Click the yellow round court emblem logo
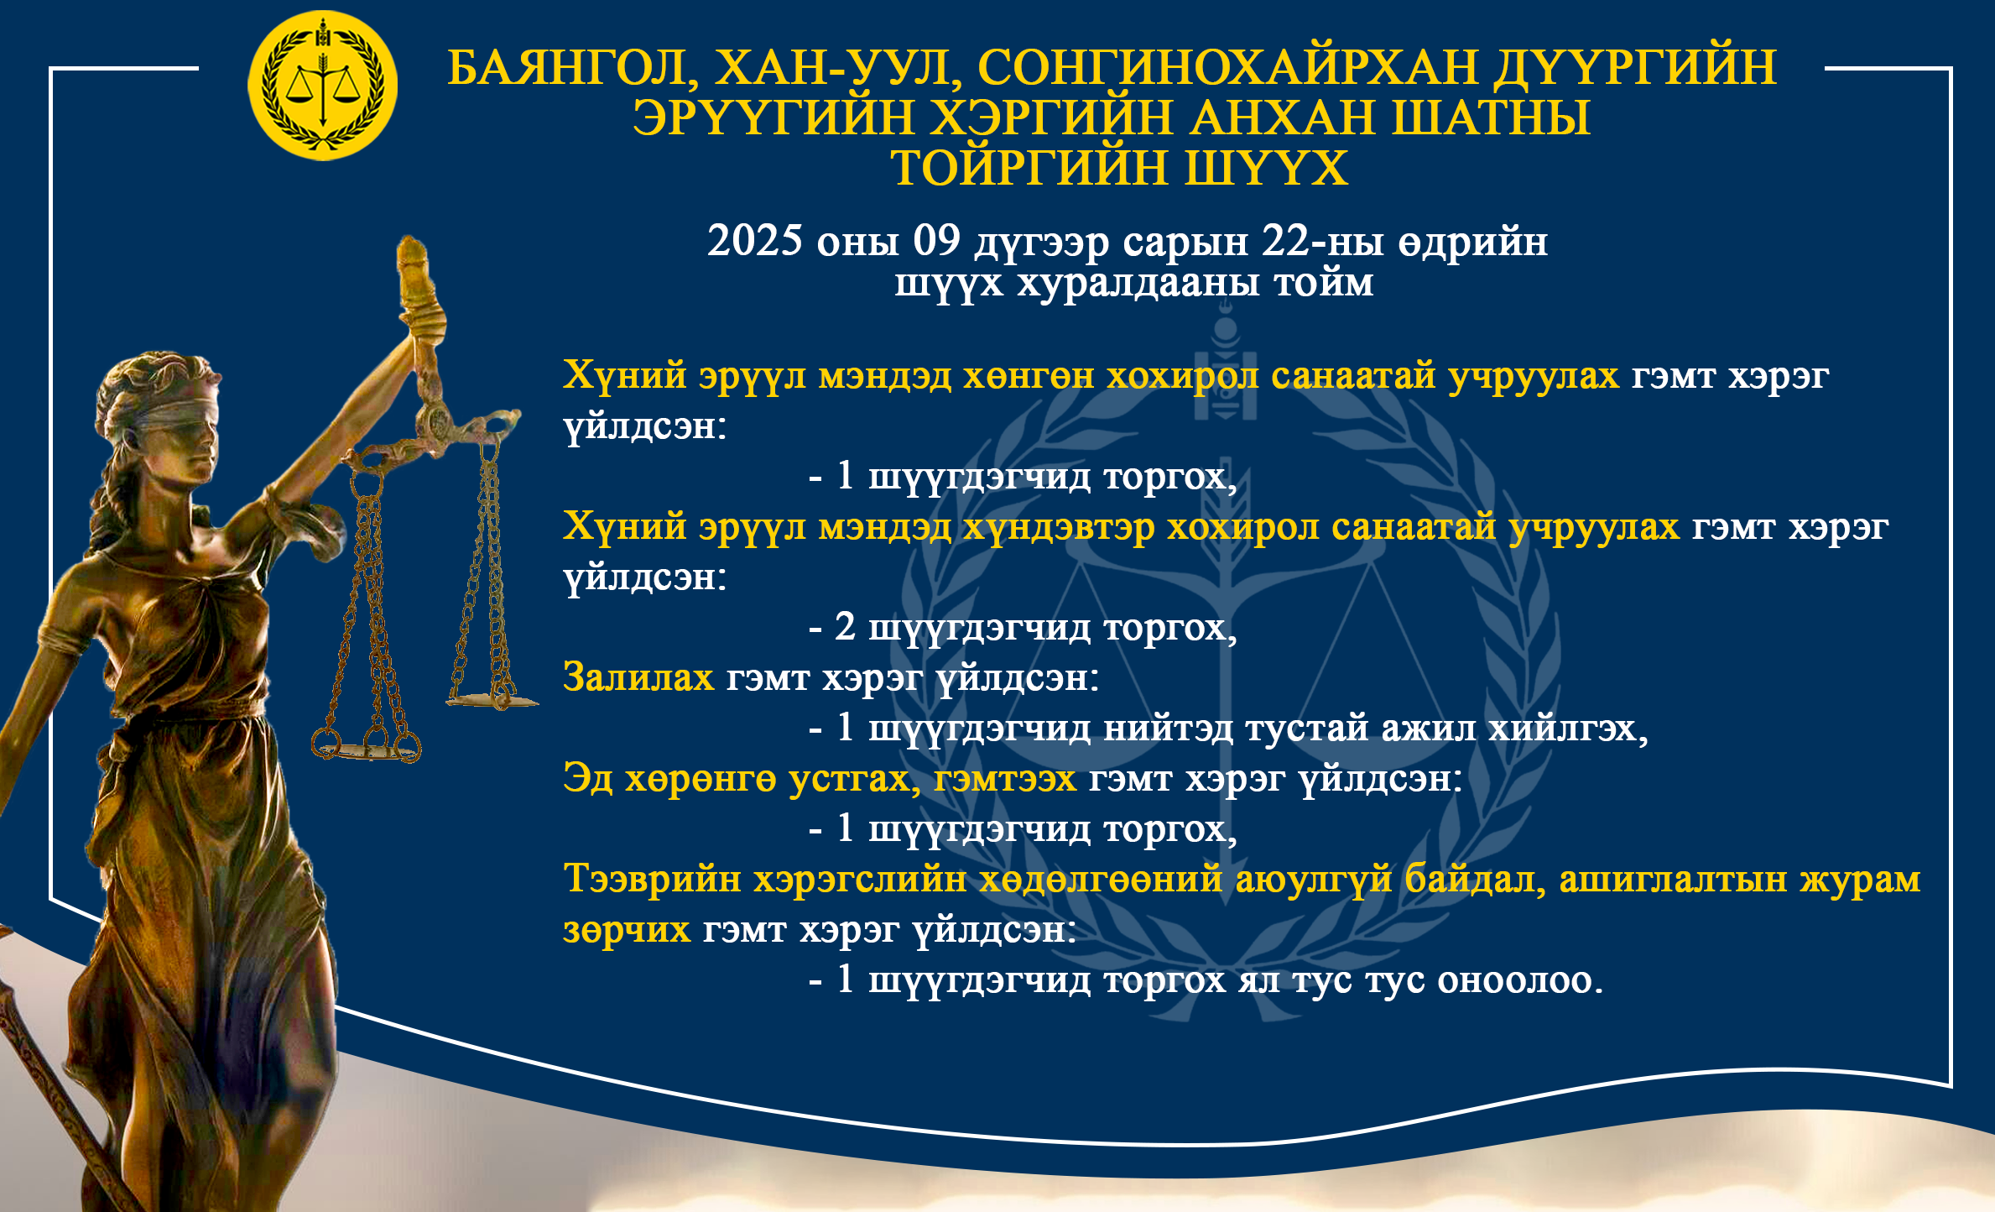[x=323, y=86]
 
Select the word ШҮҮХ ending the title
[x=1267, y=168]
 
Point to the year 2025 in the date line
[x=755, y=241]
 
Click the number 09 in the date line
[x=936, y=241]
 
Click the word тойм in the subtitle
[x=1324, y=283]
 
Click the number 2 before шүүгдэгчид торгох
[x=845, y=627]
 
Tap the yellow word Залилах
[x=638, y=677]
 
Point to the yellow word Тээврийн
[x=653, y=880]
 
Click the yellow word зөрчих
[x=627, y=930]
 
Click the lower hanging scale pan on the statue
[x=366, y=748]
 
